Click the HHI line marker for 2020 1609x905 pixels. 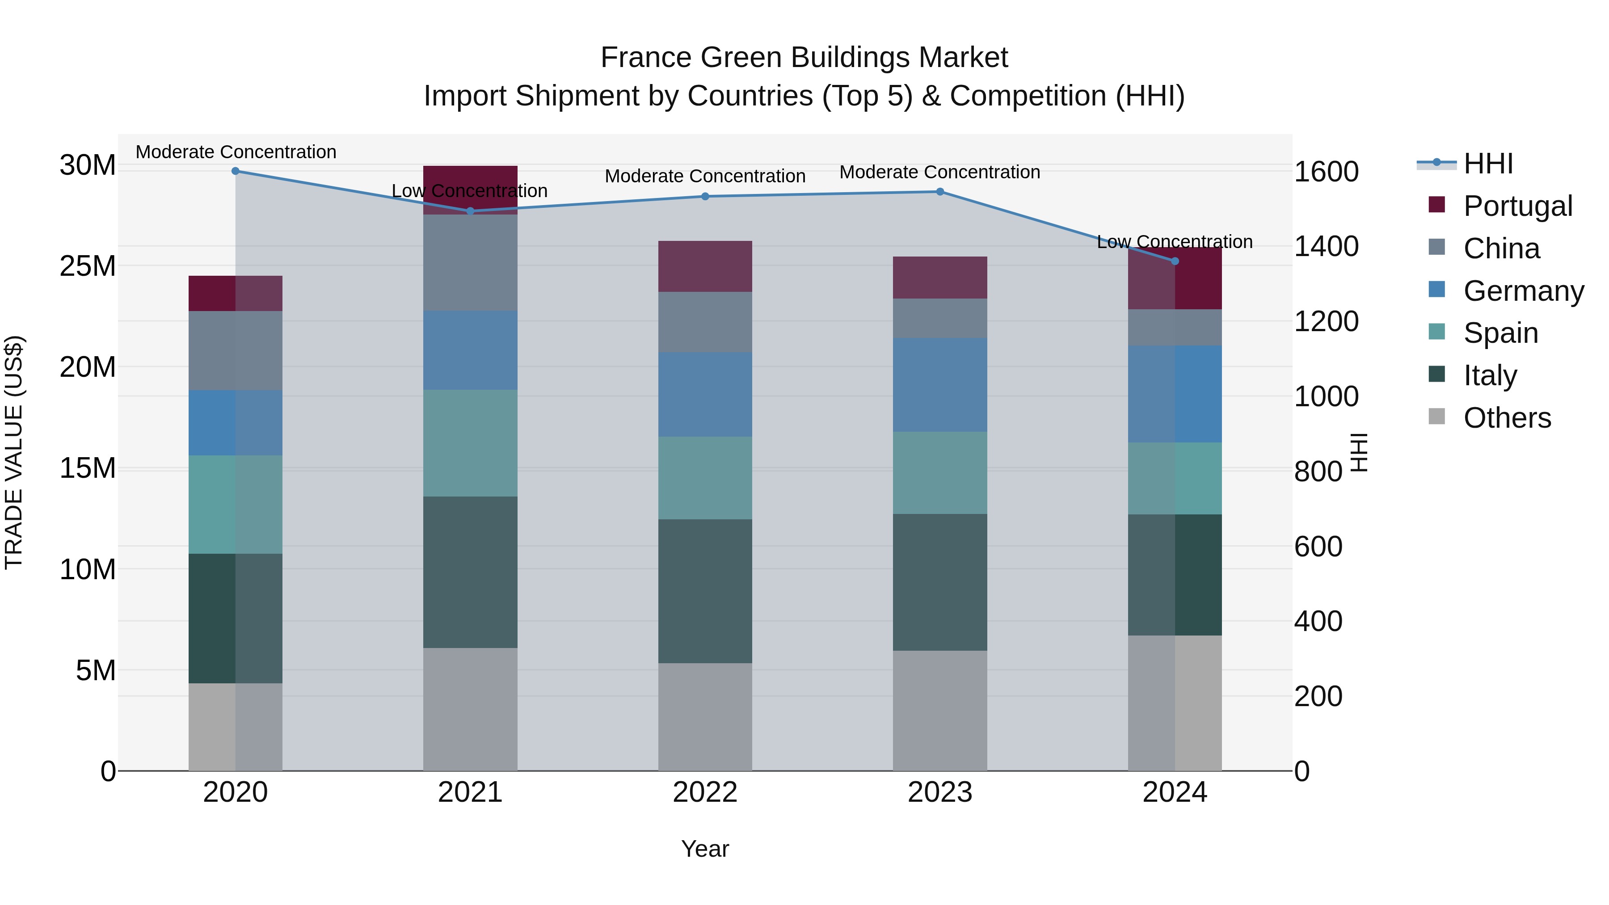coord(236,171)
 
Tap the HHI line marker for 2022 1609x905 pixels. coord(705,196)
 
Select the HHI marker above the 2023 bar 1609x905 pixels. coord(940,192)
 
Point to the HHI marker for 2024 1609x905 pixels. coord(1175,261)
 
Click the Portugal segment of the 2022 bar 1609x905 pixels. coord(705,266)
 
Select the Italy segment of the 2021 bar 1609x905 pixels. coord(470,572)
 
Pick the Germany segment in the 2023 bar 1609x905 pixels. coord(940,385)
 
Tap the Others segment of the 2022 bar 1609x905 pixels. coord(705,717)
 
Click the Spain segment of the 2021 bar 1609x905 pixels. coord(470,443)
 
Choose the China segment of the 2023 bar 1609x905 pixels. coord(940,319)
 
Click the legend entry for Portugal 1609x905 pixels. coord(1518,206)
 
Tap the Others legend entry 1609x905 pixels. coord(1507,418)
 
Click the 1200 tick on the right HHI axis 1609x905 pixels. coord(1326,322)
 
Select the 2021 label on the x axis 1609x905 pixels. coord(470,792)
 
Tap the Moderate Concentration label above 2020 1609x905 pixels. coord(236,152)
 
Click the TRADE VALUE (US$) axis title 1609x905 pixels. coord(14,452)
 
